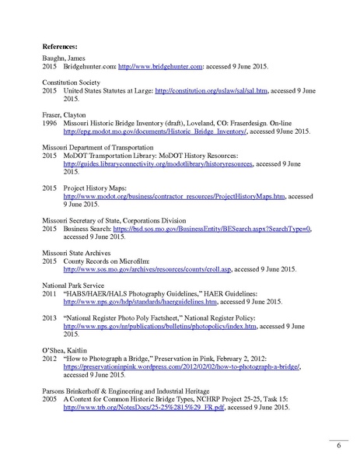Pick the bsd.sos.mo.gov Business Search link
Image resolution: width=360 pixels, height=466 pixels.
[211, 229]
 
